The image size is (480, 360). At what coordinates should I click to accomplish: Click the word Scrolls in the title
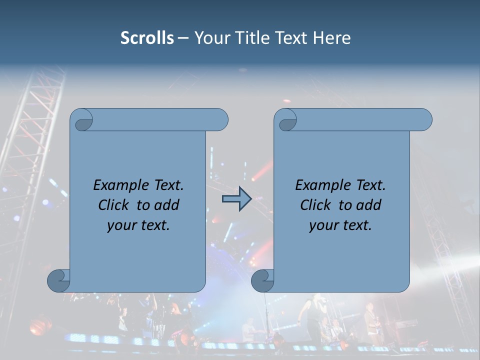pyautogui.click(x=147, y=38)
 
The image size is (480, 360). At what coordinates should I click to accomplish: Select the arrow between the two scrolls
pyautogui.click(x=236, y=199)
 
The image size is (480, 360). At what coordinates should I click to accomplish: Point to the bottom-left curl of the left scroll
pyautogui.click(x=59, y=280)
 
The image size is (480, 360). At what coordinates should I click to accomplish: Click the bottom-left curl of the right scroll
pyautogui.click(x=262, y=280)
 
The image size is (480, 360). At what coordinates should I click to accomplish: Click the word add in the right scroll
pyautogui.click(x=369, y=205)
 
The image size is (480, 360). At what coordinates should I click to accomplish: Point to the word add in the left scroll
pyautogui.click(x=167, y=205)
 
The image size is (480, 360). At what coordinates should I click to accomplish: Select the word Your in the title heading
pyautogui.click(x=209, y=38)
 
